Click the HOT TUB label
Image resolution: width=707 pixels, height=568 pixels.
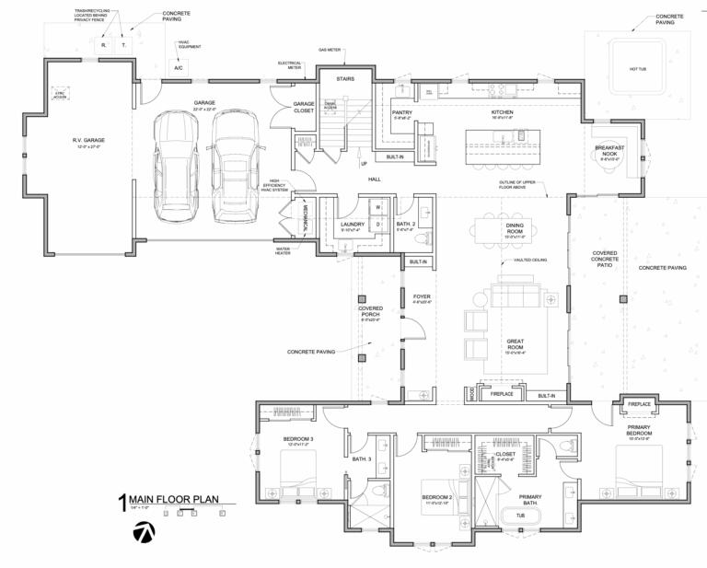[x=639, y=69]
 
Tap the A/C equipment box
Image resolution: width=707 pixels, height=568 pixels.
[x=179, y=67]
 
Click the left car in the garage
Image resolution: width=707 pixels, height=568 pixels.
[x=179, y=166]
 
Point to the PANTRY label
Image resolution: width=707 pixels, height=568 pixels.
[x=402, y=113]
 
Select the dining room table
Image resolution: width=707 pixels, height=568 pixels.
[x=515, y=233]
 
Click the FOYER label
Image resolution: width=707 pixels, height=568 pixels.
[x=422, y=297]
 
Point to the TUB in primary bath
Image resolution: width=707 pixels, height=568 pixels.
[x=520, y=516]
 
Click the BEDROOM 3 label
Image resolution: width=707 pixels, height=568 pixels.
[x=299, y=439]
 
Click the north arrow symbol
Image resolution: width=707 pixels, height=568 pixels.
[x=144, y=532]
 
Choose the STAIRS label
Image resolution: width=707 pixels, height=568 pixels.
[x=346, y=78]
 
